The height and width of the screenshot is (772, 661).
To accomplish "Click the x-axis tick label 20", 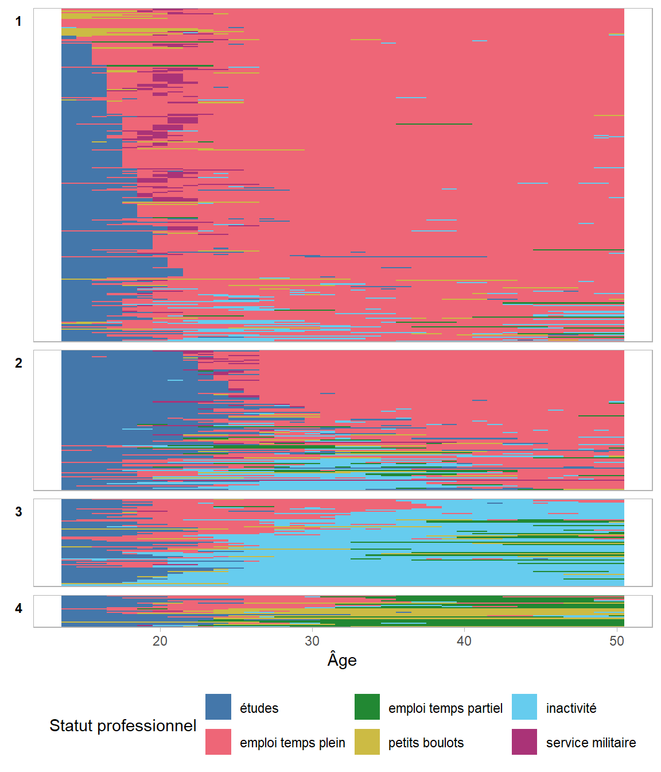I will [160, 641].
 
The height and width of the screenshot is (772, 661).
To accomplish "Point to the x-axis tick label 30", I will [312, 641].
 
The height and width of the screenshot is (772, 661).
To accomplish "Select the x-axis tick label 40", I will [464, 641].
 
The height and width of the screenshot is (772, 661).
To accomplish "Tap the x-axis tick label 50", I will [617, 641].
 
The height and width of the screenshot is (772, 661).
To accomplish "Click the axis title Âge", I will [342, 660].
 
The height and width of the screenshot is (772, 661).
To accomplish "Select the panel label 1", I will [18, 22].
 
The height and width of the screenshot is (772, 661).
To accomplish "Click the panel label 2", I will [18, 363].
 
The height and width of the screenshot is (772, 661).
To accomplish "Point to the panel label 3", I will [18, 512].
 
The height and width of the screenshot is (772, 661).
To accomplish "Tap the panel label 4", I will [18, 608].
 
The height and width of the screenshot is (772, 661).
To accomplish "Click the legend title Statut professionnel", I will [123, 725].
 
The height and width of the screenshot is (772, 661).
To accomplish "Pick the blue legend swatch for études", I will [218, 707].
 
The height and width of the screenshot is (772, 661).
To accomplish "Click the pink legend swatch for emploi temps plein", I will [218, 742].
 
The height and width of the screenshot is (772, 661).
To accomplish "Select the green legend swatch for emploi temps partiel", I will [367, 707].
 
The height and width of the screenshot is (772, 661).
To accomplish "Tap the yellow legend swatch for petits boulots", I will [367, 742].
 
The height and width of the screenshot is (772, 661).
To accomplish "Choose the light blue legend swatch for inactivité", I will [524, 707].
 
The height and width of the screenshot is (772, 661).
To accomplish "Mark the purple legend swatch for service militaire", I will [524, 742].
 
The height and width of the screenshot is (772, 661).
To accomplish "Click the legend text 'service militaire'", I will [591, 743].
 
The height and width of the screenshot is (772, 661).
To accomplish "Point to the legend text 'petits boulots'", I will [426, 743].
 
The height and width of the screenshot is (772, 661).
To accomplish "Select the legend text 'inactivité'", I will [571, 708].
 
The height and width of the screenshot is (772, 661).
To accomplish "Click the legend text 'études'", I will [259, 708].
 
